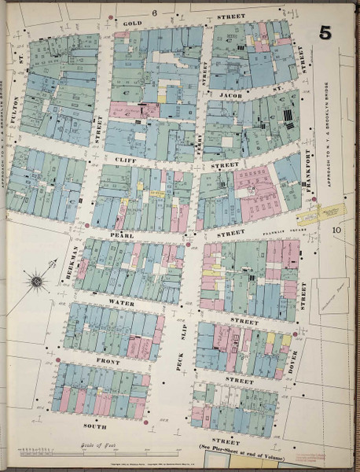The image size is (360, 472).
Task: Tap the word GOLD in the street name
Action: (133, 24)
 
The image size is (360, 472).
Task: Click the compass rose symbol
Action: (36, 279)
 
